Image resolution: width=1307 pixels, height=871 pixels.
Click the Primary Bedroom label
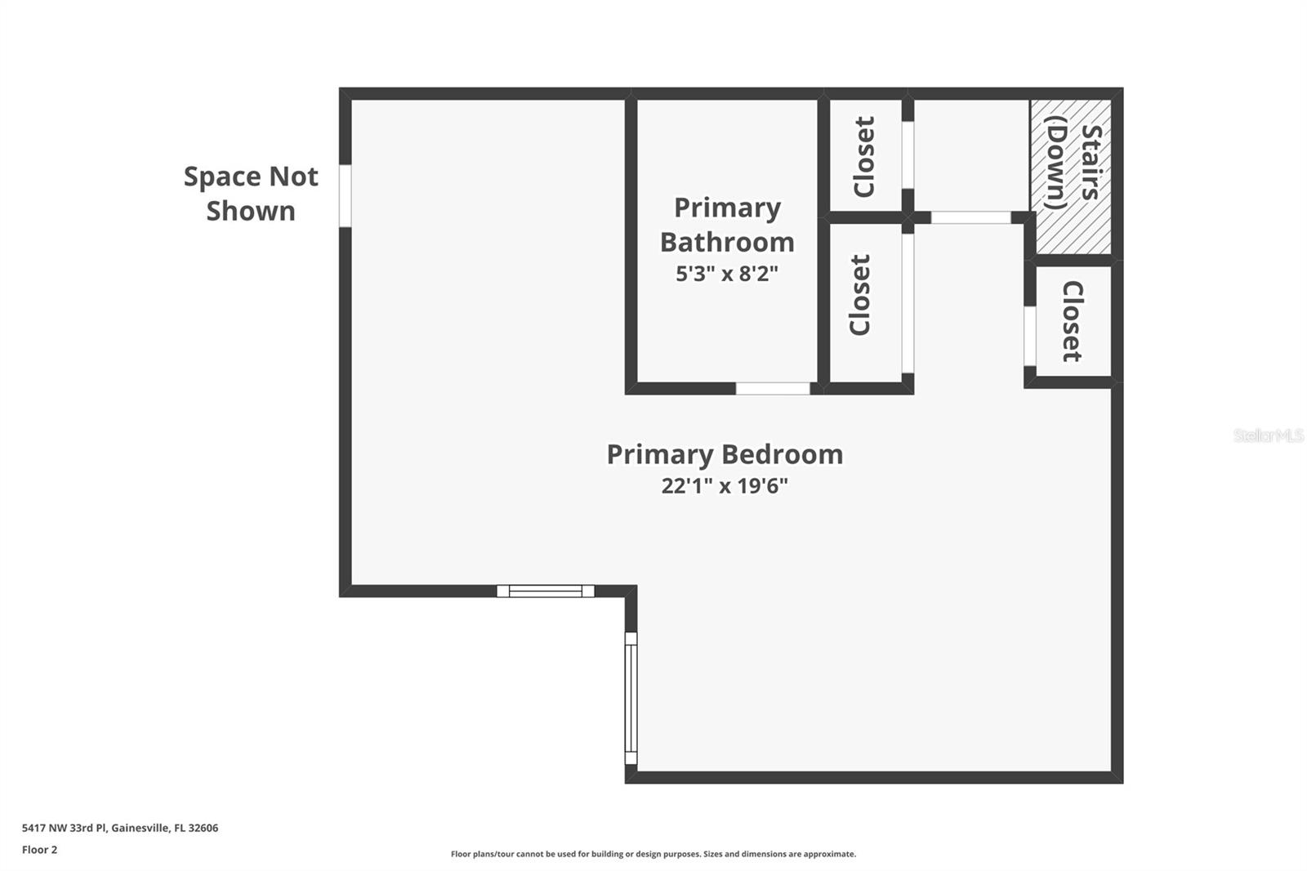[x=725, y=454]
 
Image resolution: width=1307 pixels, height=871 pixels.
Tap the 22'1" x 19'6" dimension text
[x=725, y=486]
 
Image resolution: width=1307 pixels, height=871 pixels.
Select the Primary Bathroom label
[x=727, y=225]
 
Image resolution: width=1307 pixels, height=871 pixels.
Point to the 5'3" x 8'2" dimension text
[x=727, y=274]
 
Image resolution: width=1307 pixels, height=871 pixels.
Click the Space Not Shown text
[x=251, y=194]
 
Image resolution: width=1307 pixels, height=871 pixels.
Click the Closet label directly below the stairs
[x=1073, y=321]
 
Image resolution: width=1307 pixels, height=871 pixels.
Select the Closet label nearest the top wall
[x=863, y=156]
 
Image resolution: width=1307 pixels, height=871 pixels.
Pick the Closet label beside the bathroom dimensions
[x=860, y=295]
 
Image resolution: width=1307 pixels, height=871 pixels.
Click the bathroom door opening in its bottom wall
[x=773, y=388]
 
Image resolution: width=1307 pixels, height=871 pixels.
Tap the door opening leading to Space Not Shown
[x=346, y=195]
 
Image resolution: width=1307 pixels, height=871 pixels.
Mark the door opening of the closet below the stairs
[x=1030, y=336]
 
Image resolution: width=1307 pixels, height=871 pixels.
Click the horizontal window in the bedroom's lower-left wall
[x=546, y=591]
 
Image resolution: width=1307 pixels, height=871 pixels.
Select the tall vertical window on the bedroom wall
[x=631, y=698]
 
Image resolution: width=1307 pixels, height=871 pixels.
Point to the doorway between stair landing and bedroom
[x=970, y=217]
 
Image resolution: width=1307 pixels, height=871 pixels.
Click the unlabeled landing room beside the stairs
[x=970, y=154]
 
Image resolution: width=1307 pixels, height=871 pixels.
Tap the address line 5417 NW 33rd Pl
[x=120, y=828]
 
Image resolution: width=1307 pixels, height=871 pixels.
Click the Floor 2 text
[x=39, y=850]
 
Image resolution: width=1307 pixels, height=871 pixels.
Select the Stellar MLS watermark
[x=1268, y=435]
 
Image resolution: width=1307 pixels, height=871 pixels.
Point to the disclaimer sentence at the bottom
[x=653, y=854]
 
